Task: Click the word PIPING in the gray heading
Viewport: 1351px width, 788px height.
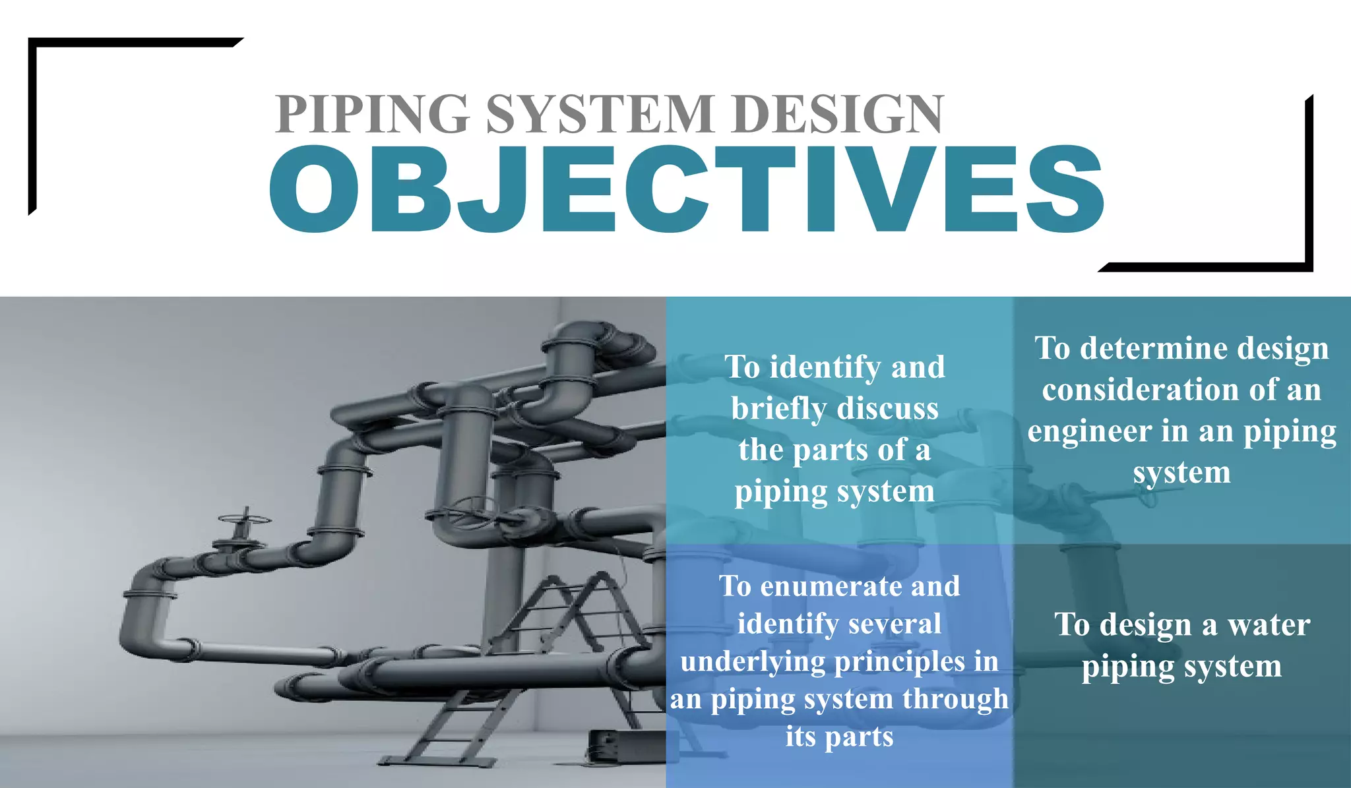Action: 372,114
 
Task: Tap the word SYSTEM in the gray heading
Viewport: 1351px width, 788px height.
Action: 600,114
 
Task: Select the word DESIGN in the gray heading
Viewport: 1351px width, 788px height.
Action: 838,114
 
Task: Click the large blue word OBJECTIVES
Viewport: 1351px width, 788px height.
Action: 686,190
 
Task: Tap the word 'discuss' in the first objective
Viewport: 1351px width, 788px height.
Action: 887,409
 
